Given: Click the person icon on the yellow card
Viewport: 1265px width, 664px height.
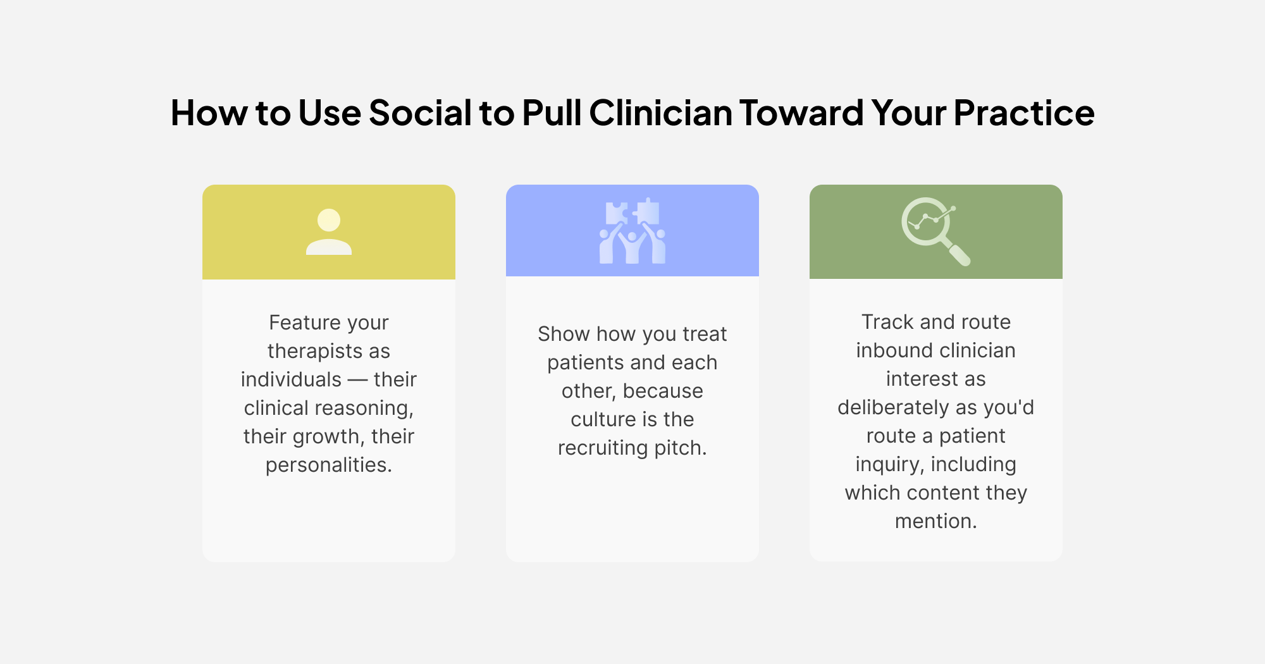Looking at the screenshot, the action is click(329, 231).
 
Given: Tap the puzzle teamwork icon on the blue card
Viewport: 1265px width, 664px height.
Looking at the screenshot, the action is click(632, 231).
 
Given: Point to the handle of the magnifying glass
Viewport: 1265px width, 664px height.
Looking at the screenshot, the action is click(959, 254).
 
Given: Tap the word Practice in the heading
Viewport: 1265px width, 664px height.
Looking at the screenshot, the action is click(1024, 113).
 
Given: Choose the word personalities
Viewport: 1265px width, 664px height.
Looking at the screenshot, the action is click(329, 465).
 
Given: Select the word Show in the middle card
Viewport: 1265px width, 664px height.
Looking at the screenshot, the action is click(564, 334).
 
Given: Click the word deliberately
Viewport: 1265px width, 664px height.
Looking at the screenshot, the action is click(894, 407).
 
